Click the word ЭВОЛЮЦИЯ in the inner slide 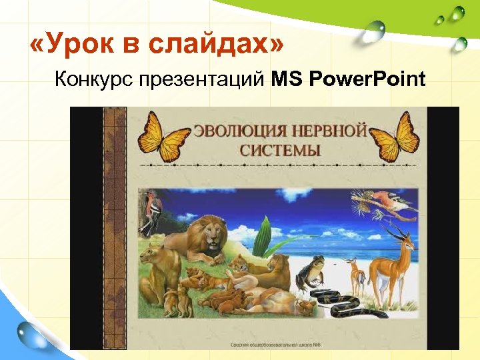click(237, 130)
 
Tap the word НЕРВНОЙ click(329, 130)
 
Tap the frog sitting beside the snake click(311, 273)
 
